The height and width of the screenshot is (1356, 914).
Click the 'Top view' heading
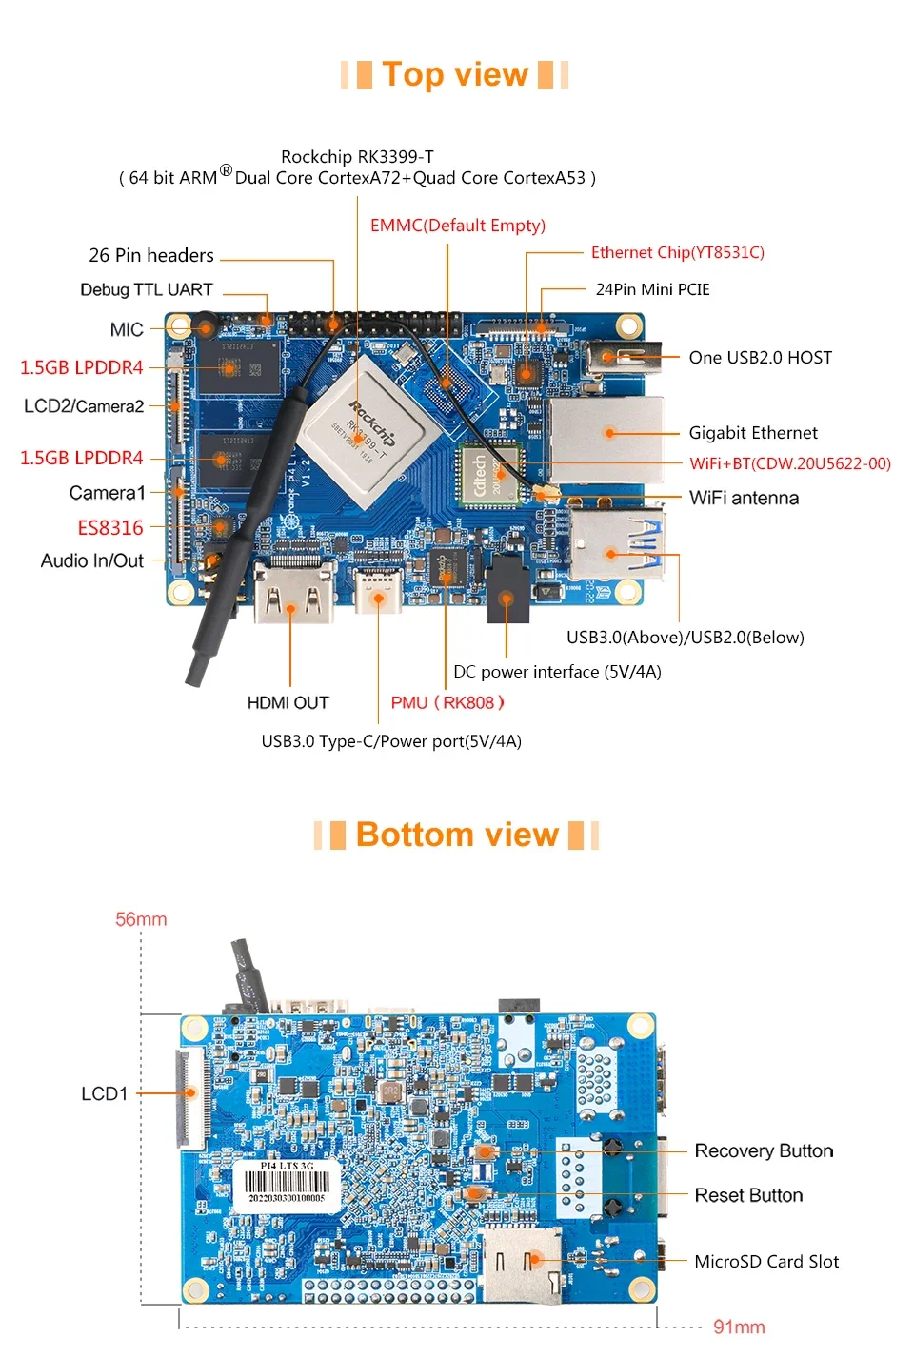455,74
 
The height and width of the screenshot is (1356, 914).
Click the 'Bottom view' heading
457,835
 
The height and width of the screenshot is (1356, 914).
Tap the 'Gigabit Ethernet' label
752,433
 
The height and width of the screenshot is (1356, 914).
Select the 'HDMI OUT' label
288,703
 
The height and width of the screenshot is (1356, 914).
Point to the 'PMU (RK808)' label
447,703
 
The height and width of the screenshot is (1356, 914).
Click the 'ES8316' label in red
110,528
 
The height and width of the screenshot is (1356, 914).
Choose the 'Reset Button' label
748,1195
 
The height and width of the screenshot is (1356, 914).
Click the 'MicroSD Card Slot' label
766,1262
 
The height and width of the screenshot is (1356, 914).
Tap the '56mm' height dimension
141,919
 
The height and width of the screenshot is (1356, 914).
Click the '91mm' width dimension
739,1327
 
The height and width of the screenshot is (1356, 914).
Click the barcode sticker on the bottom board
287,1184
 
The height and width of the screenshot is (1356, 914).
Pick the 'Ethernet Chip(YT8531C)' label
677,252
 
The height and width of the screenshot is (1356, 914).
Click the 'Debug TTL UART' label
147,289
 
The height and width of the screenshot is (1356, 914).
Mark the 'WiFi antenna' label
744,498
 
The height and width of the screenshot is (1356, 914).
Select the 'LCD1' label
104,1093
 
